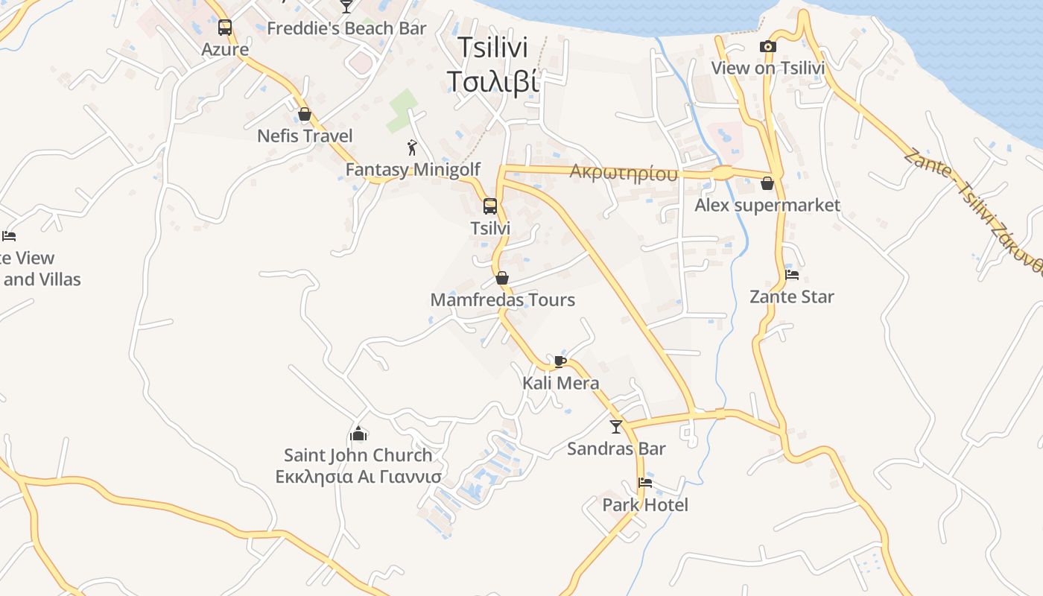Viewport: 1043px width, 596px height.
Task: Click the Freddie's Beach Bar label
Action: click(x=346, y=28)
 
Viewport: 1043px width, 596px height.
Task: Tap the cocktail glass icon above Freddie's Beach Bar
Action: click(x=346, y=7)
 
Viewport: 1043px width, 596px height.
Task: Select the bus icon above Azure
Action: click(x=225, y=28)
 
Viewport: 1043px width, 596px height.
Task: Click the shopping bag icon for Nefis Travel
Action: click(x=305, y=114)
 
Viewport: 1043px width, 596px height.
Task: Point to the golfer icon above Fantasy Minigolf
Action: click(x=412, y=148)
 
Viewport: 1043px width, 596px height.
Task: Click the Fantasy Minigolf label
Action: click(x=413, y=170)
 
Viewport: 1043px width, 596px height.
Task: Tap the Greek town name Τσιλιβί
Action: click(x=492, y=80)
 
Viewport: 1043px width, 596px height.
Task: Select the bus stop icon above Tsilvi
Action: click(x=490, y=206)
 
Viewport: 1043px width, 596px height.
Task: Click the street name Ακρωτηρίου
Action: click(x=624, y=173)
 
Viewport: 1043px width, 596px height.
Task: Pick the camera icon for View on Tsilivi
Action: click(x=768, y=47)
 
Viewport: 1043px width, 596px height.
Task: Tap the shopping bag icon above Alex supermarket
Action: click(x=767, y=183)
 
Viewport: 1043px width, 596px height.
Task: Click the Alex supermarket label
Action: click(x=767, y=205)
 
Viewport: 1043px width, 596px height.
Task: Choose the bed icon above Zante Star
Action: click(x=792, y=275)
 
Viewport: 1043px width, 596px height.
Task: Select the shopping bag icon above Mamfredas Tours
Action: click(x=502, y=279)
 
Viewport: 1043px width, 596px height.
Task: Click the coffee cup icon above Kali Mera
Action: click(x=560, y=361)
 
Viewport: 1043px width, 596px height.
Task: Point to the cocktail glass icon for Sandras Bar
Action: click(x=616, y=427)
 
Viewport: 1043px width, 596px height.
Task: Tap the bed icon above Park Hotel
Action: click(x=645, y=483)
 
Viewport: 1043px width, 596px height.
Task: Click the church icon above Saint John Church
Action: click(x=358, y=434)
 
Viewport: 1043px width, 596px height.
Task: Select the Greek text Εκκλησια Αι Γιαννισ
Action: click(x=358, y=477)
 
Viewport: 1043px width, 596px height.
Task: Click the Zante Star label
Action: click(x=792, y=297)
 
